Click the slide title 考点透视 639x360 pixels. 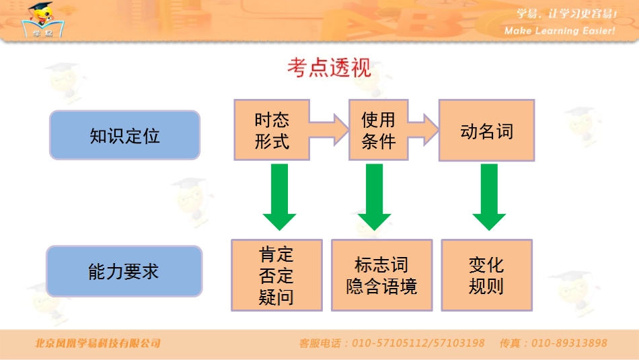329,68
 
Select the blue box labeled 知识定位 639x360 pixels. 125,135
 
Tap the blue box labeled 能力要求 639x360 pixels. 124,271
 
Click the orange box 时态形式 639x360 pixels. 272,130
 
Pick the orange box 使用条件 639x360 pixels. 379,130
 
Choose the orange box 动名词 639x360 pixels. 486,130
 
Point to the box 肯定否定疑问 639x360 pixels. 276,275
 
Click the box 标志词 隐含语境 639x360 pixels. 381,275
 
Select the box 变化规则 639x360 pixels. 486,275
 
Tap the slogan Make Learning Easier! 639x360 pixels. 560,31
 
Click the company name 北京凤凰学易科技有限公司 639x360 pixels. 98,343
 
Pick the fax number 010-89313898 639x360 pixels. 569,343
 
